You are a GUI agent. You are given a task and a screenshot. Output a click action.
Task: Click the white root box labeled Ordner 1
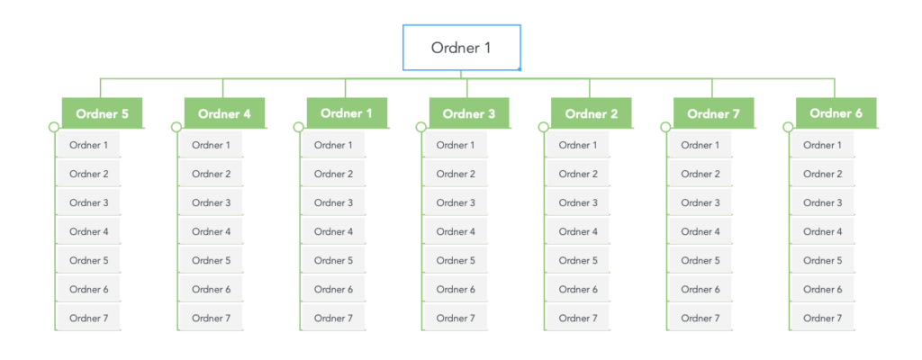pos(461,48)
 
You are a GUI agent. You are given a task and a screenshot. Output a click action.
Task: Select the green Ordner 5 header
pos(102,113)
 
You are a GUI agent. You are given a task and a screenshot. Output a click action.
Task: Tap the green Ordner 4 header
pos(224,113)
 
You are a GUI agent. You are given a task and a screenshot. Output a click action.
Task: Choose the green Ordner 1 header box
pos(347,113)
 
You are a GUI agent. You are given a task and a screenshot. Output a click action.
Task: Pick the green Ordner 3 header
pos(469,113)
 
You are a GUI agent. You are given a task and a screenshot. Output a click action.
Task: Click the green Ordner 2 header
pos(592,113)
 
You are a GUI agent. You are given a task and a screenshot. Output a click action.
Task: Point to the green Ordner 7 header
pos(713,113)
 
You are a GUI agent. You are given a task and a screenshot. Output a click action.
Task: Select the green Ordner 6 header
pos(836,113)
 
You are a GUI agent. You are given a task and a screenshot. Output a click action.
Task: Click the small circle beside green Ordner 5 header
pos(53,127)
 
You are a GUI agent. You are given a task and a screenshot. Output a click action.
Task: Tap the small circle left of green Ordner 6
pos(788,127)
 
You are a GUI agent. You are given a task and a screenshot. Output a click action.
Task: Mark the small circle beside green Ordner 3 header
pos(420,127)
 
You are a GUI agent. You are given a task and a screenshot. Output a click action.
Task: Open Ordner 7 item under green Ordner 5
pos(88,318)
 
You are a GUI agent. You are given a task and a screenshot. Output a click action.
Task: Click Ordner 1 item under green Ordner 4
pos(211,145)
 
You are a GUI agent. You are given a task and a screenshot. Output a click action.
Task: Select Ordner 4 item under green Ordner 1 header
pos(333,231)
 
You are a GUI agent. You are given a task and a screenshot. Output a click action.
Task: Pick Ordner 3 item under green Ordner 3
pos(456,202)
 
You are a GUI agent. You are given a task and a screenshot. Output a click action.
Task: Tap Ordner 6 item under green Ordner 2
pos(578,289)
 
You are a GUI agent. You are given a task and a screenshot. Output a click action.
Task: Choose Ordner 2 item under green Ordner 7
pos(701,174)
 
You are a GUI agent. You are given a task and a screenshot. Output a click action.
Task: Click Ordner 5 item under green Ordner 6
pos(823,260)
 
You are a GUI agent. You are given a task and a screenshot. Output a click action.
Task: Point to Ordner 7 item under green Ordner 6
pos(823,318)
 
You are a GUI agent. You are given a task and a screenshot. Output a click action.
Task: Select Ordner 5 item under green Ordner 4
pos(211,260)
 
